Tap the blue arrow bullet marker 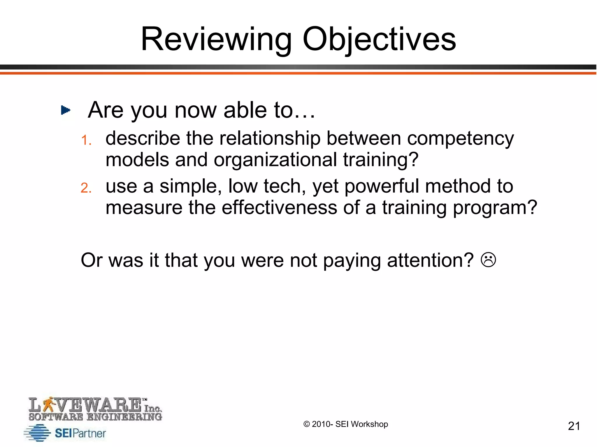[x=65, y=110]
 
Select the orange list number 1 [x=86, y=140]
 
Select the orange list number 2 [x=86, y=188]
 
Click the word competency [x=461, y=139]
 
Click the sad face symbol [x=488, y=260]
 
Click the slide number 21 [x=574, y=426]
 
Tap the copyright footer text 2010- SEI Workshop [x=346, y=424]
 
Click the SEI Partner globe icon [x=38, y=433]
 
